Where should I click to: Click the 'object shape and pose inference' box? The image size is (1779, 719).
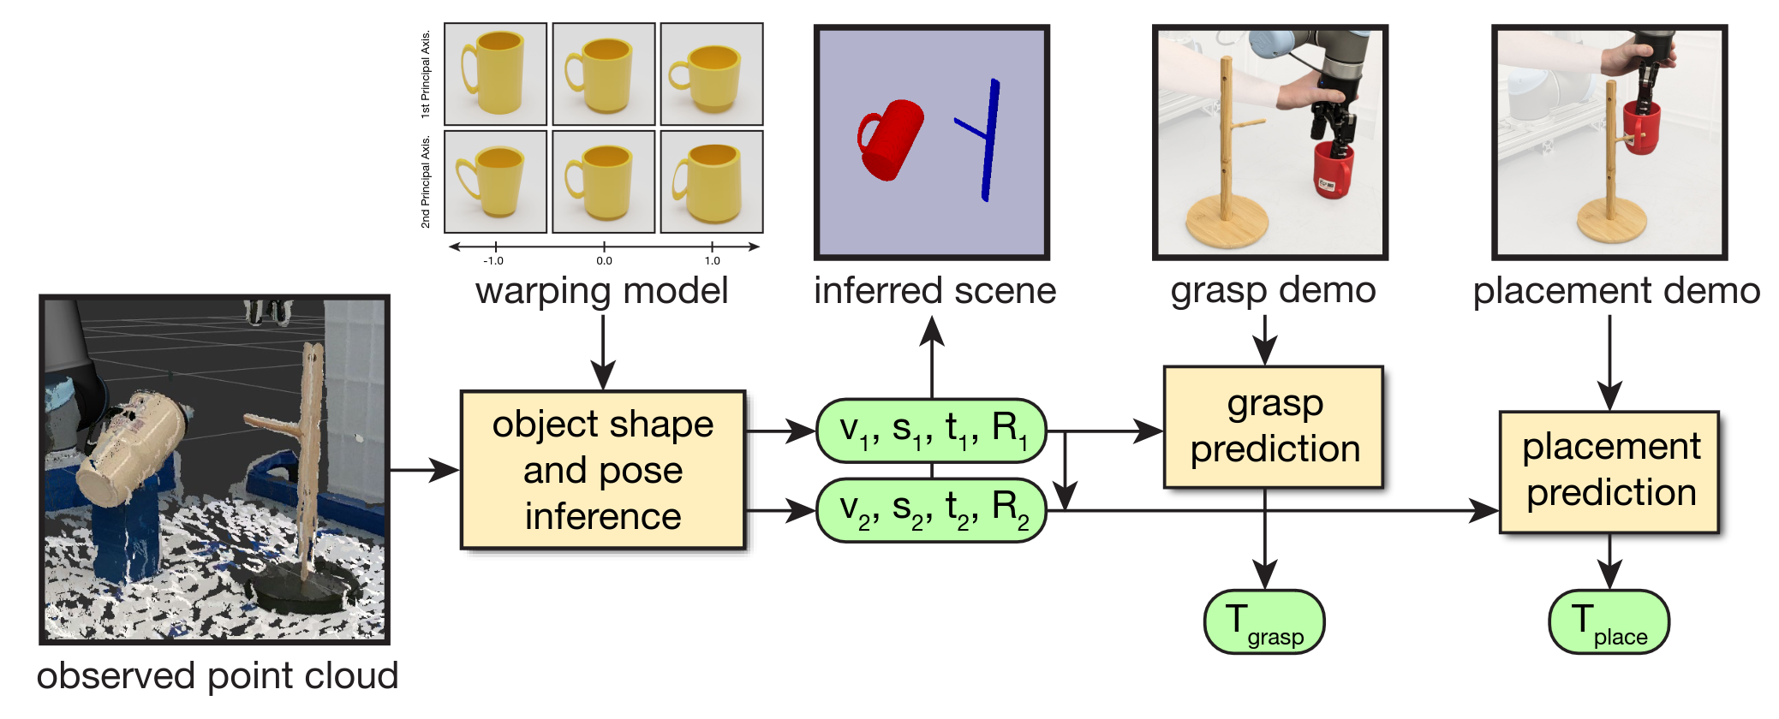tap(602, 470)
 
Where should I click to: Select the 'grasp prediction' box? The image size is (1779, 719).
tap(1273, 426)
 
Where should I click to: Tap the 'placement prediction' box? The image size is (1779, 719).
tap(1609, 471)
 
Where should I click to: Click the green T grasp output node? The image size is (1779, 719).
tap(1263, 622)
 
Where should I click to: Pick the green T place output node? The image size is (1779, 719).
tap(1609, 622)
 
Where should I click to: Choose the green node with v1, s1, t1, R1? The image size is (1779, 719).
tap(931, 430)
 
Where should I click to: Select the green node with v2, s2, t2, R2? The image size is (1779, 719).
tap(931, 510)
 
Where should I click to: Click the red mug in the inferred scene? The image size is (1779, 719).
tap(891, 140)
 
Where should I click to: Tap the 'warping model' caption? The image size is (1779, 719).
tap(601, 291)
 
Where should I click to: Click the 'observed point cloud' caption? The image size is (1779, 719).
tap(218, 676)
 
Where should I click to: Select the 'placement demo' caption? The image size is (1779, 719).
tap(1615, 291)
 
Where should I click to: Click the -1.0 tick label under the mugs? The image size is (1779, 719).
tap(493, 261)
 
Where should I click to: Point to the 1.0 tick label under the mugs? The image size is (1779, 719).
tap(712, 261)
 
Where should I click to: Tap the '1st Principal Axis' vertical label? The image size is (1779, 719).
tap(426, 74)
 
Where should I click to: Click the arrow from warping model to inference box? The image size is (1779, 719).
tap(603, 352)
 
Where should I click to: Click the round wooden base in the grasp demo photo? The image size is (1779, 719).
tap(1226, 223)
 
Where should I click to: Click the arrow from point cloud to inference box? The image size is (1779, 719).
tap(424, 470)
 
